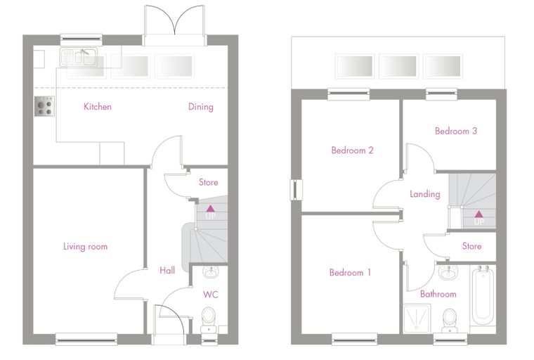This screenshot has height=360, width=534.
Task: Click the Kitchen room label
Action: (x=98, y=107)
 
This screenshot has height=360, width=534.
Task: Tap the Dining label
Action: (x=201, y=107)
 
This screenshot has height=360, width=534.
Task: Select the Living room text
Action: (x=86, y=247)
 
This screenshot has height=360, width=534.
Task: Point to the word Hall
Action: (x=167, y=270)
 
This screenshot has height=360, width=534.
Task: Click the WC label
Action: (x=211, y=295)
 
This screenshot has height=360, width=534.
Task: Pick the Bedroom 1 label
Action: (x=350, y=272)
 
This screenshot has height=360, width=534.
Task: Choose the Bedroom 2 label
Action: (x=353, y=150)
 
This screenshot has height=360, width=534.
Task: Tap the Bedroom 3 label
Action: (x=456, y=131)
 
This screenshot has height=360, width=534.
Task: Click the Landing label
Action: (x=425, y=194)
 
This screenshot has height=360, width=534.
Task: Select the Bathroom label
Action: (x=438, y=294)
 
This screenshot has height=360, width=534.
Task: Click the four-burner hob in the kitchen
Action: (x=44, y=106)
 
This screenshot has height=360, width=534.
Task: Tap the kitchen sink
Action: (x=79, y=57)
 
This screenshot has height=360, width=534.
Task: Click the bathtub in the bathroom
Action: (x=483, y=295)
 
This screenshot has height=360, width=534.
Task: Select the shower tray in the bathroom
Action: (x=417, y=319)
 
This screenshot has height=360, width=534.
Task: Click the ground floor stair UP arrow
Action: (x=211, y=209)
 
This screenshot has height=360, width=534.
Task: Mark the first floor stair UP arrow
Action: (x=478, y=214)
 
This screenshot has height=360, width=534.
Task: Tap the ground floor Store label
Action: (x=209, y=182)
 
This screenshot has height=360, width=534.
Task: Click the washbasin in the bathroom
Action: (x=448, y=271)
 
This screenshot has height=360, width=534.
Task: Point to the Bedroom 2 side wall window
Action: (x=296, y=190)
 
